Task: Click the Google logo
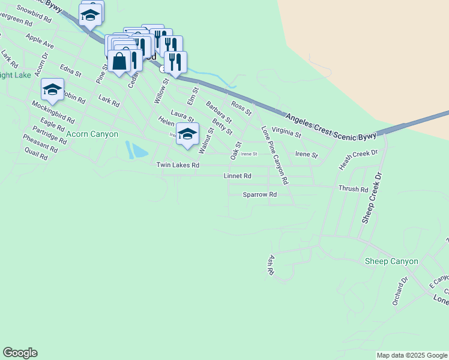tap(20, 353)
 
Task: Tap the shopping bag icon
tap(120, 61)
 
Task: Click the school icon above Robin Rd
tap(52, 90)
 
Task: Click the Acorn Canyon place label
tap(92, 134)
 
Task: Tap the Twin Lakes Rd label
tap(177, 165)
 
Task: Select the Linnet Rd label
tap(237, 176)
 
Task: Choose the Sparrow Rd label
tap(259, 194)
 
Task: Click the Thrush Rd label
tap(353, 188)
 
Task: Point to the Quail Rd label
tap(35, 155)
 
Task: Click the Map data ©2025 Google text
tap(411, 355)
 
